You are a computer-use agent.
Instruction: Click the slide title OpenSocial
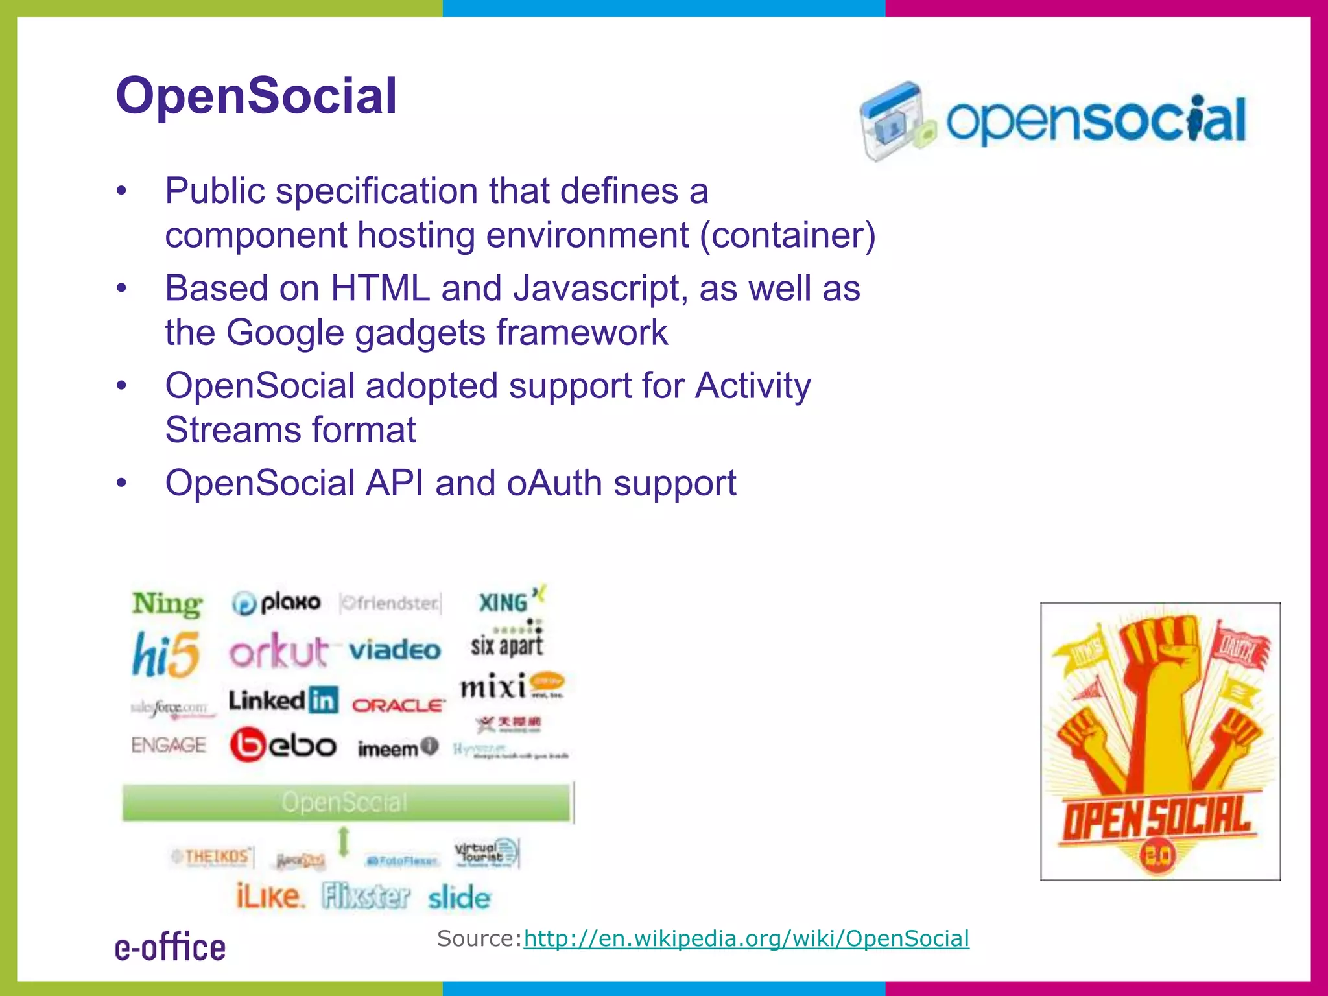tap(256, 96)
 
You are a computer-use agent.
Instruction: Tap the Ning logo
tap(167, 604)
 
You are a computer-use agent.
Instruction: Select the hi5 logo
tap(166, 654)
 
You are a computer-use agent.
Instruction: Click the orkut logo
tap(279, 650)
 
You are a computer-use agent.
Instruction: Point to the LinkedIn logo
tap(283, 700)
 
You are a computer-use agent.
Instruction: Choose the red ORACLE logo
tap(399, 705)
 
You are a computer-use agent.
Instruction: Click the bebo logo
tap(283, 745)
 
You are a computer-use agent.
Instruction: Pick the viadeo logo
tap(395, 650)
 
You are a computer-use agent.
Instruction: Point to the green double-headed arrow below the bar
tap(344, 842)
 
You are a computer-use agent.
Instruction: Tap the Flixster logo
tap(366, 897)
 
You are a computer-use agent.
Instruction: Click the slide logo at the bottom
tap(459, 898)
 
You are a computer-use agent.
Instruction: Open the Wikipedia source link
tap(746, 938)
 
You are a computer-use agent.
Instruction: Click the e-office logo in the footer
tap(171, 947)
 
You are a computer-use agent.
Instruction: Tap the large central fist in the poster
tap(1162, 687)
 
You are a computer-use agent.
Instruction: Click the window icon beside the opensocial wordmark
tap(895, 120)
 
